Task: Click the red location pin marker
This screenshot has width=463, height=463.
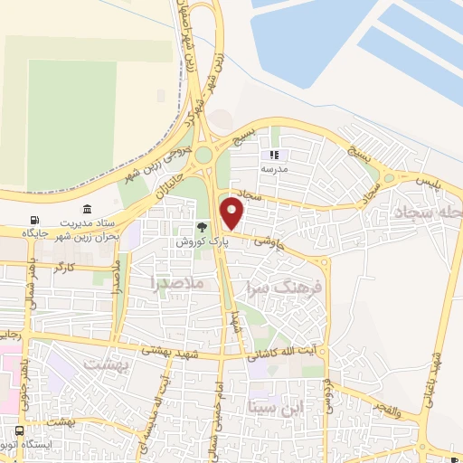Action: coord(232,214)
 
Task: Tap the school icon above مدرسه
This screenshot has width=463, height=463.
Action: coord(273,156)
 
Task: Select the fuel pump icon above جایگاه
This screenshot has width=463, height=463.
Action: coord(34,221)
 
